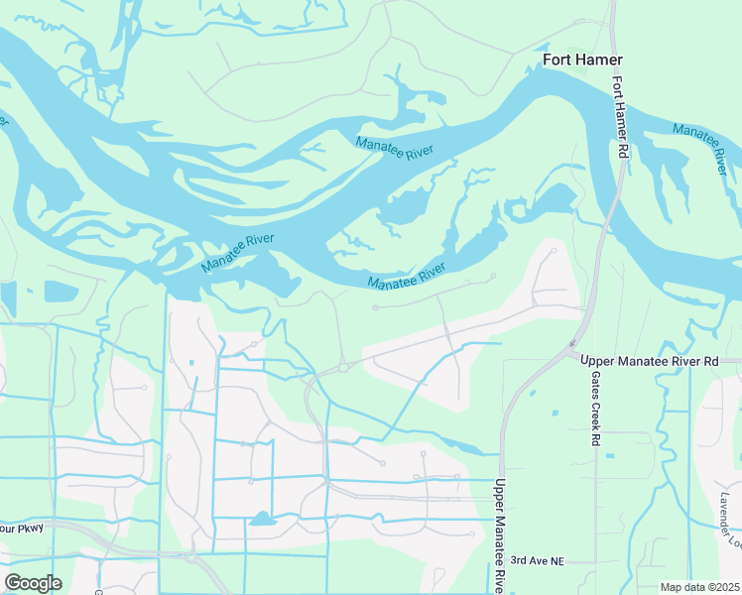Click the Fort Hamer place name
point(582,60)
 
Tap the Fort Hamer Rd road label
point(621,116)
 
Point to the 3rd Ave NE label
point(537,562)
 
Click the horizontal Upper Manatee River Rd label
point(649,362)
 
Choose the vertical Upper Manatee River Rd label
point(500,536)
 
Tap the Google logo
point(33,583)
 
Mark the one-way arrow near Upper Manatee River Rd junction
point(571,345)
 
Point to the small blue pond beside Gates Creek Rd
point(608,455)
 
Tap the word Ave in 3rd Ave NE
point(538,562)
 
